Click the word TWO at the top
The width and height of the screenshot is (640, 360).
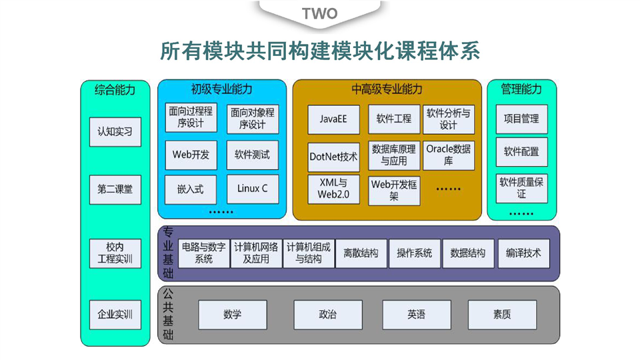pos(320,13)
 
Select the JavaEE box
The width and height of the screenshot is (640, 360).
pos(333,119)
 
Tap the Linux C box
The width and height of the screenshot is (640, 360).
pos(252,189)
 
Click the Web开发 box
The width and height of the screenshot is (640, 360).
pos(191,155)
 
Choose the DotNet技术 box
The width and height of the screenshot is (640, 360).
pos(333,157)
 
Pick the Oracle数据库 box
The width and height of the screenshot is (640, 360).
pos(448,155)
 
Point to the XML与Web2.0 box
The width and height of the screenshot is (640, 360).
pos(333,189)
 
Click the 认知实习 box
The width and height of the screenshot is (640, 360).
pos(115,131)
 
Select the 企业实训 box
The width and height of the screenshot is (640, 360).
pos(115,314)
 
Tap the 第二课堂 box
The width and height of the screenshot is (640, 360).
pos(115,189)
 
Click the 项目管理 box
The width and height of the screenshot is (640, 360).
pos(521,119)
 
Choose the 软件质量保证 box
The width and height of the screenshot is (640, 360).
pos(521,188)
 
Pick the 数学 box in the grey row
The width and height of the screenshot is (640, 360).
pos(233,315)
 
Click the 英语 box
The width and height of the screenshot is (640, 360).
pos(417,315)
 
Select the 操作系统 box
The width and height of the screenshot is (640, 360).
pos(414,253)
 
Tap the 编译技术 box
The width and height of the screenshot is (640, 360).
pos(523,253)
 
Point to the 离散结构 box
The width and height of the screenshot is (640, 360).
pos(361,253)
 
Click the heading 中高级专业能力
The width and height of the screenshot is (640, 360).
pos(387,89)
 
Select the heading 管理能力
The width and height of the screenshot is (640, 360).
pos(521,89)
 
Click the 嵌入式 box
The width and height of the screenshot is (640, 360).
pos(191,189)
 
